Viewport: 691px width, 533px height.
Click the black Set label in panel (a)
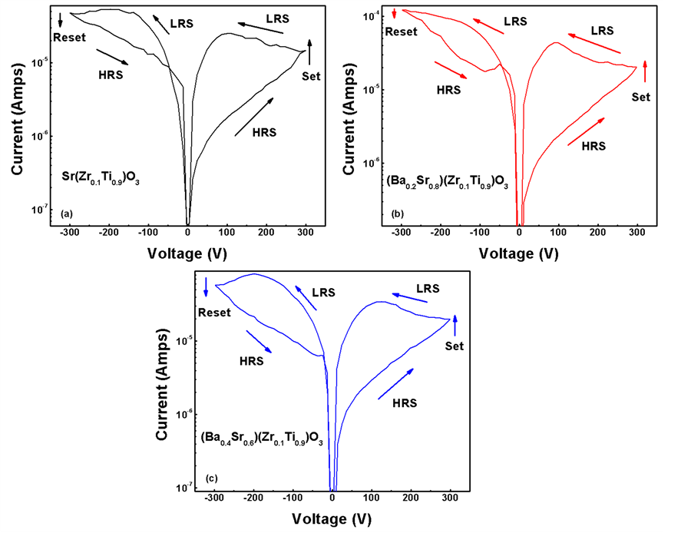(312, 75)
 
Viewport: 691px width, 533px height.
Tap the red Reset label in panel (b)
(400, 31)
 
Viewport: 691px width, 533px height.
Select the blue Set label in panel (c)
(455, 346)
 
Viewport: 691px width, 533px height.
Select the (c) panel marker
(210, 479)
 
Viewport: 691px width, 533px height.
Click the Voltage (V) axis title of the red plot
(517, 252)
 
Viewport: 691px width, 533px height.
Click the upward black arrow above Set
(310, 51)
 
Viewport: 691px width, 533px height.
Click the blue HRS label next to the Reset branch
(252, 360)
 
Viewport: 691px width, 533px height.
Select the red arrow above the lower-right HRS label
(586, 131)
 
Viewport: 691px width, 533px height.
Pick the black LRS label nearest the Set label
(278, 18)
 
